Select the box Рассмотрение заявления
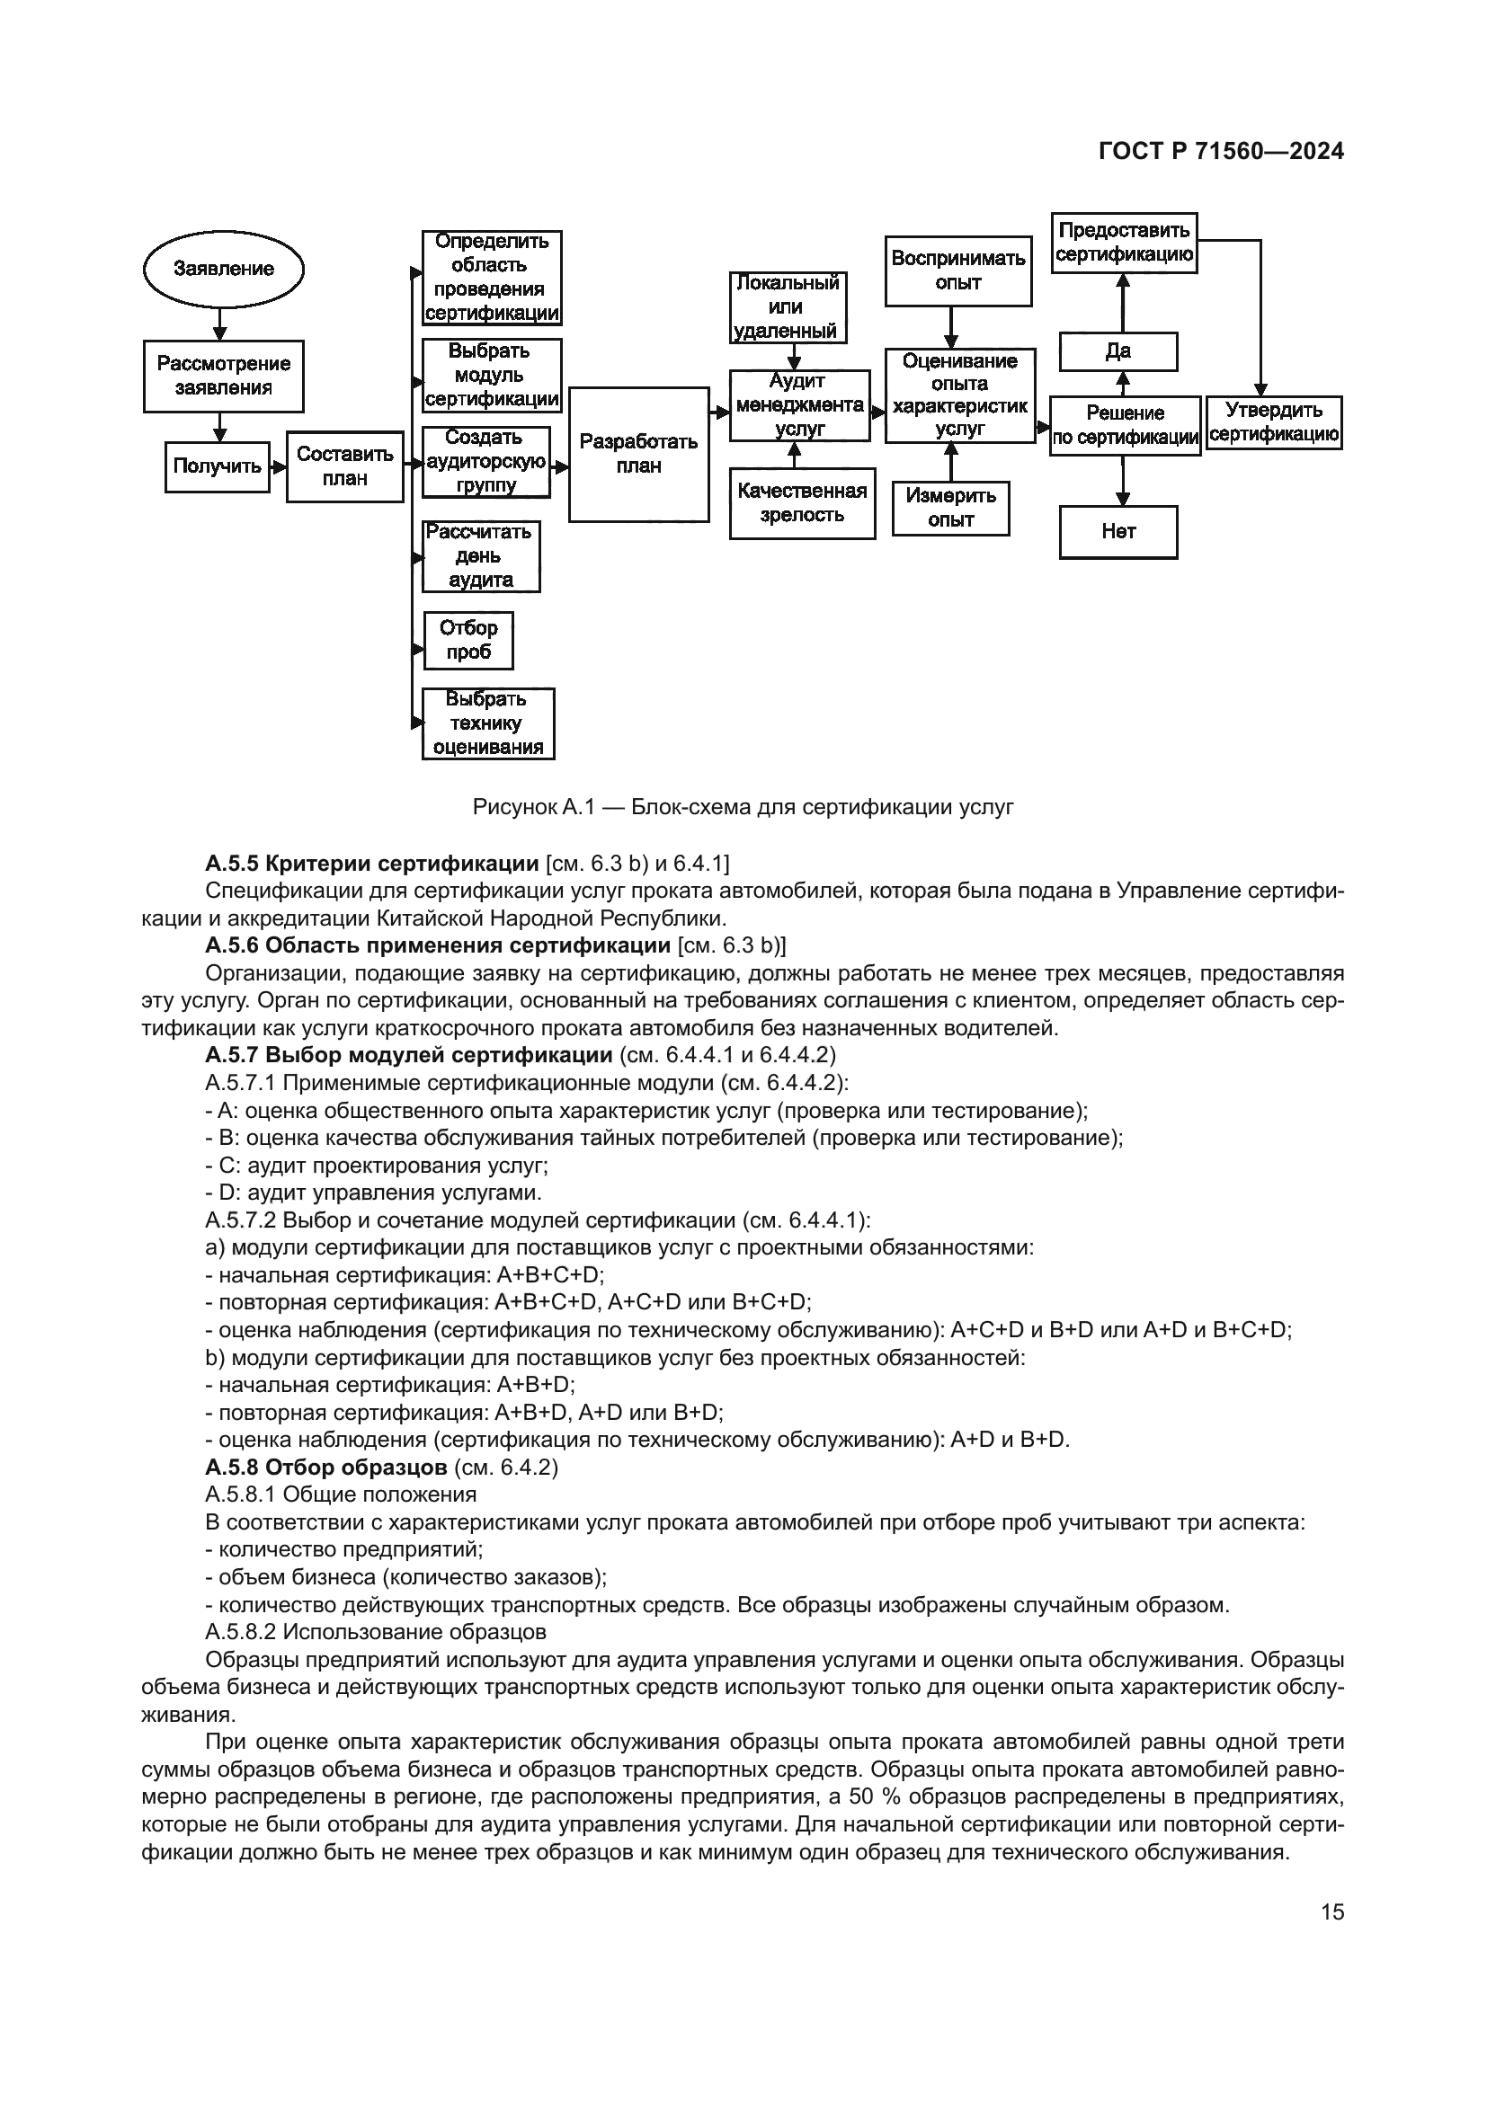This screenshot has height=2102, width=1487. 224,377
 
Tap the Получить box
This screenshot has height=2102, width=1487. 217,467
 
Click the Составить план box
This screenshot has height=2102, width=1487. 344,467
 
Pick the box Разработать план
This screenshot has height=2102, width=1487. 638,454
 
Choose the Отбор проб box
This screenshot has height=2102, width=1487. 467,641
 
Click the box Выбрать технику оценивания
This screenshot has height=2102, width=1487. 488,724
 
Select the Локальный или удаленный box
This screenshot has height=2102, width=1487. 788,307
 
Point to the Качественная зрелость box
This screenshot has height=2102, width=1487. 802,503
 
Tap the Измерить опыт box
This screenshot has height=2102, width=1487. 950,509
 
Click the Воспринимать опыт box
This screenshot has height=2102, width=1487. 957,271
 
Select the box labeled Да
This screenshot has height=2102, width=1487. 1118,351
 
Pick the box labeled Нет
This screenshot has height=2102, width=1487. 1118,532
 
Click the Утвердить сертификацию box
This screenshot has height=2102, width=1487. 1273,423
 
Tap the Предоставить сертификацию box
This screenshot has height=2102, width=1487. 1124,243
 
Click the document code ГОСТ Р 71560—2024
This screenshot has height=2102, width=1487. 1221,152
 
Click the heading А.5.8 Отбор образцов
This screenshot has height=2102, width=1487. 326,1468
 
